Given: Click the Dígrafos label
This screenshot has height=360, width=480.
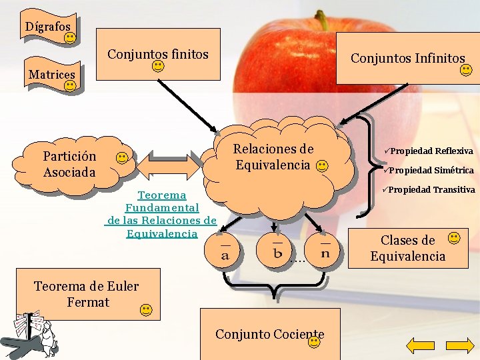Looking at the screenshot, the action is [x=47, y=27].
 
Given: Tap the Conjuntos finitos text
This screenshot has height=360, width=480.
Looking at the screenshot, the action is [x=158, y=54].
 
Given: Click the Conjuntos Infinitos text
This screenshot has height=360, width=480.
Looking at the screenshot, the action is [x=407, y=59].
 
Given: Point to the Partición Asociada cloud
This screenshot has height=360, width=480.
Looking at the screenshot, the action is [x=69, y=164].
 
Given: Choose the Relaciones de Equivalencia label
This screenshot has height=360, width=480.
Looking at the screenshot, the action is [x=273, y=157].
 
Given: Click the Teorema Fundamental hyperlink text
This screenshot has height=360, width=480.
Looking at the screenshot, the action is [x=161, y=214].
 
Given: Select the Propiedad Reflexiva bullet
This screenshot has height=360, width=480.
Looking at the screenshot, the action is [x=429, y=151].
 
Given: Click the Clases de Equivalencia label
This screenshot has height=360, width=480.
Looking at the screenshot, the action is [x=407, y=248].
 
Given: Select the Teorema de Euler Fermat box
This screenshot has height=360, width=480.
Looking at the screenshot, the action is [x=87, y=294].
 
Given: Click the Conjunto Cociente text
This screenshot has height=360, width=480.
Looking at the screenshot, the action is [x=269, y=334].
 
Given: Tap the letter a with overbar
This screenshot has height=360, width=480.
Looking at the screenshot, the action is [x=225, y=252].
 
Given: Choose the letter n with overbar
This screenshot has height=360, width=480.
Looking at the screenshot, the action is [x=325, y=251].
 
